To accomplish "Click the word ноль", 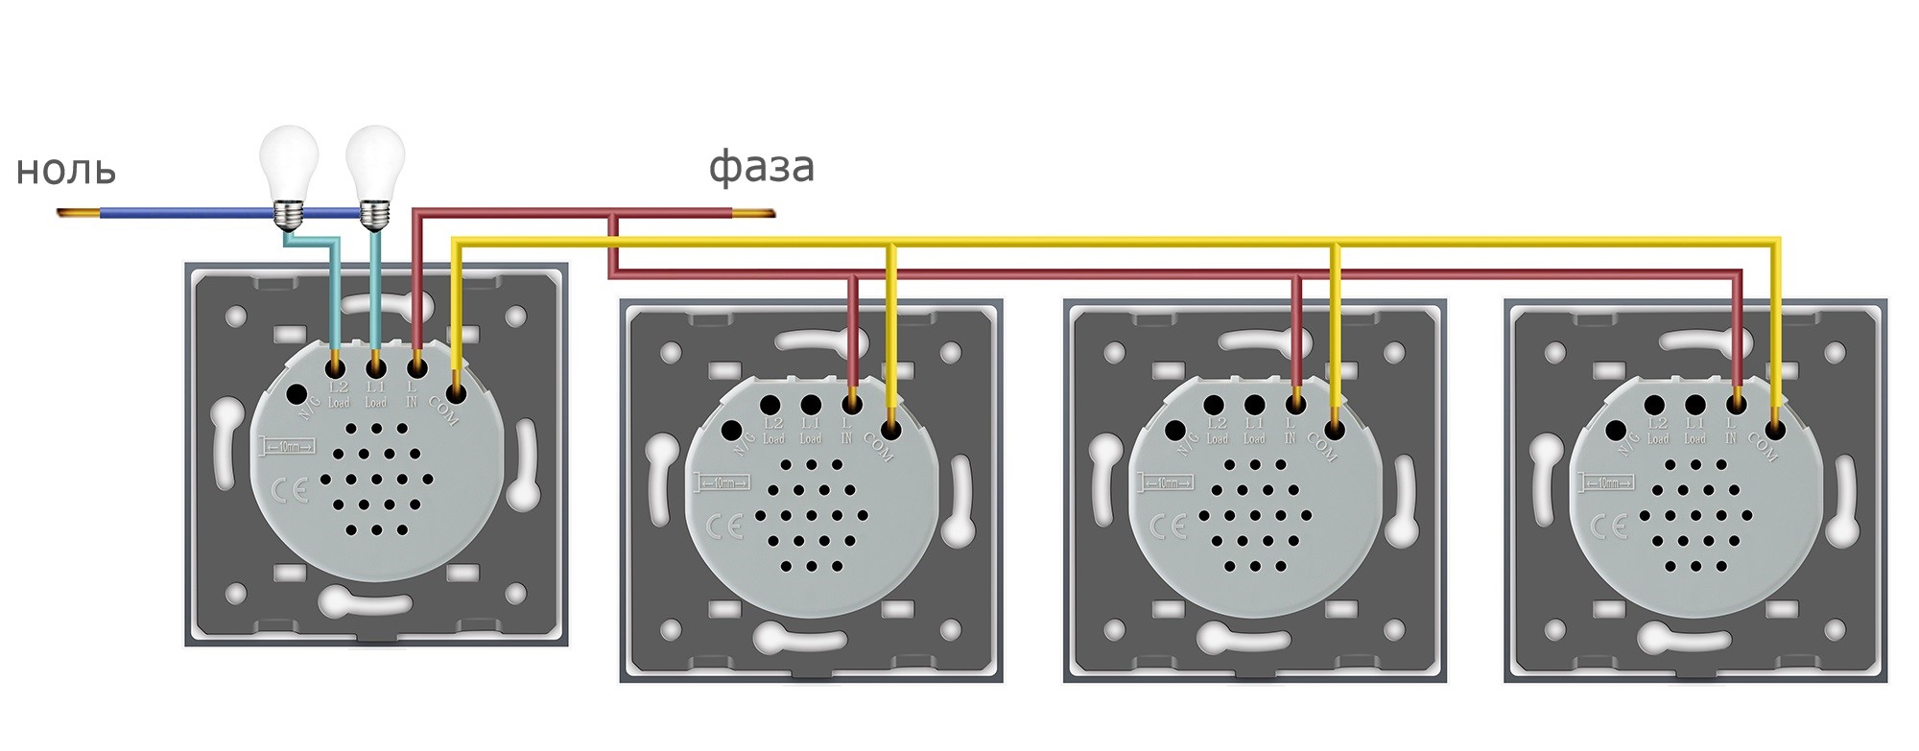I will (66, 171).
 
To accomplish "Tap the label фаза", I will (762, 167).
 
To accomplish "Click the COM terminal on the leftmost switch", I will (456, 392).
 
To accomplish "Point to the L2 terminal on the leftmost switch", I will (337, 366).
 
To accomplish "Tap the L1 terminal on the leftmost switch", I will (376, 366).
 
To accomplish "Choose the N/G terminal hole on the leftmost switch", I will (296, 393).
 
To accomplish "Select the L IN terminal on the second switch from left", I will (851, 404).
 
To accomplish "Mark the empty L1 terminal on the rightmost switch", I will (1695, 405).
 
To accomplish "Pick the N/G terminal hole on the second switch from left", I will (733, 431).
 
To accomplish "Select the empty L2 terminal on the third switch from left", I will (1215, 405).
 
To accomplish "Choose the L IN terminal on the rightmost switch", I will (1736, 404).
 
